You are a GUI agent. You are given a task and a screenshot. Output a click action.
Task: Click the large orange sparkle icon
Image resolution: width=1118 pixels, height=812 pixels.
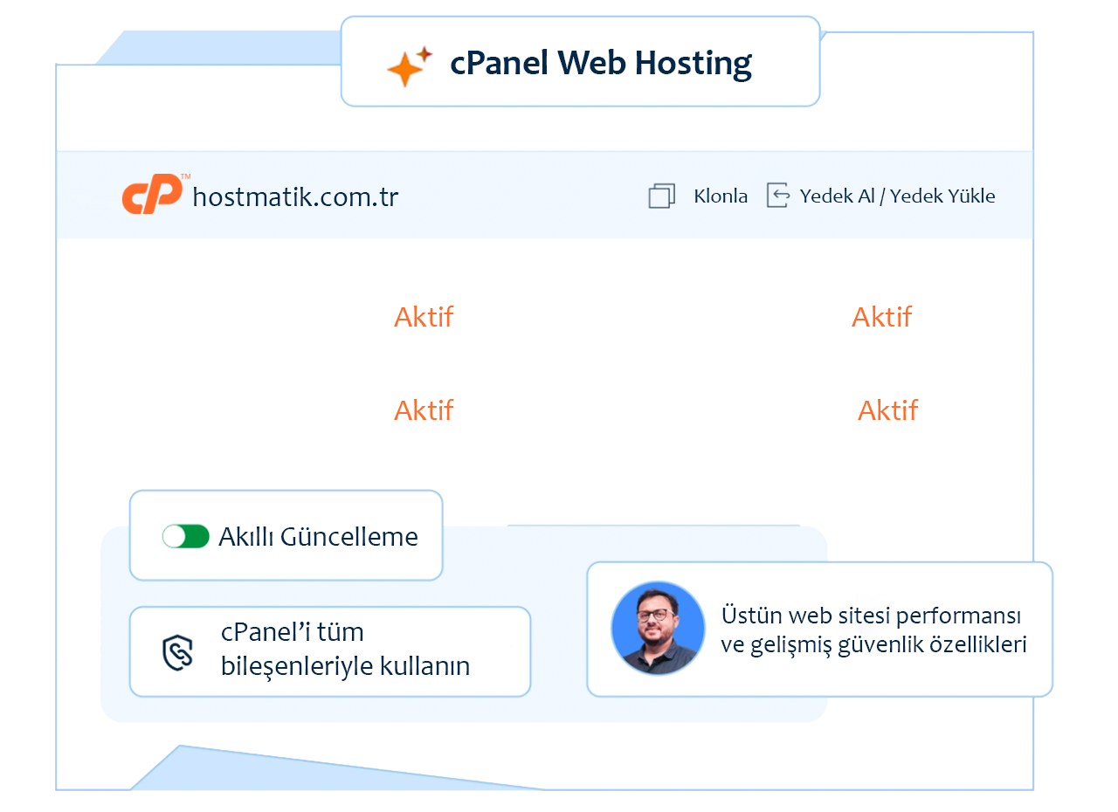point(404,69)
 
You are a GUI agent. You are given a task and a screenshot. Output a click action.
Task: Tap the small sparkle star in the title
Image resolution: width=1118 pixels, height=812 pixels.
point(424,54)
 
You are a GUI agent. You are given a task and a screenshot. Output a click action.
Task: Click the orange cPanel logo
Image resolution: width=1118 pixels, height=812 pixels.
point(151,196)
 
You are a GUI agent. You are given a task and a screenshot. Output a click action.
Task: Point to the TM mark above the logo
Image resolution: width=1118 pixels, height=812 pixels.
point(185,177)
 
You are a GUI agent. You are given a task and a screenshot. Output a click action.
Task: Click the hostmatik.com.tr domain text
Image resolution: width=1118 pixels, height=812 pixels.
point(295,197)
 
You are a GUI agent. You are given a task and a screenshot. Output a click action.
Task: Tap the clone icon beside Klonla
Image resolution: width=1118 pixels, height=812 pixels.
point(662,196)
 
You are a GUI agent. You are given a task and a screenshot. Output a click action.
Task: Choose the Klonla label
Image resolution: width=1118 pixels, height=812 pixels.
point(721,196)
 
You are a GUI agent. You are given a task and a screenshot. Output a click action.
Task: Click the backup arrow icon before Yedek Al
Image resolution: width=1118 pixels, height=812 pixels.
point(777,196)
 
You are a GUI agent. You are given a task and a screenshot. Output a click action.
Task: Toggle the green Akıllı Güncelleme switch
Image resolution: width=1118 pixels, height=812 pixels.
point(186,536)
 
